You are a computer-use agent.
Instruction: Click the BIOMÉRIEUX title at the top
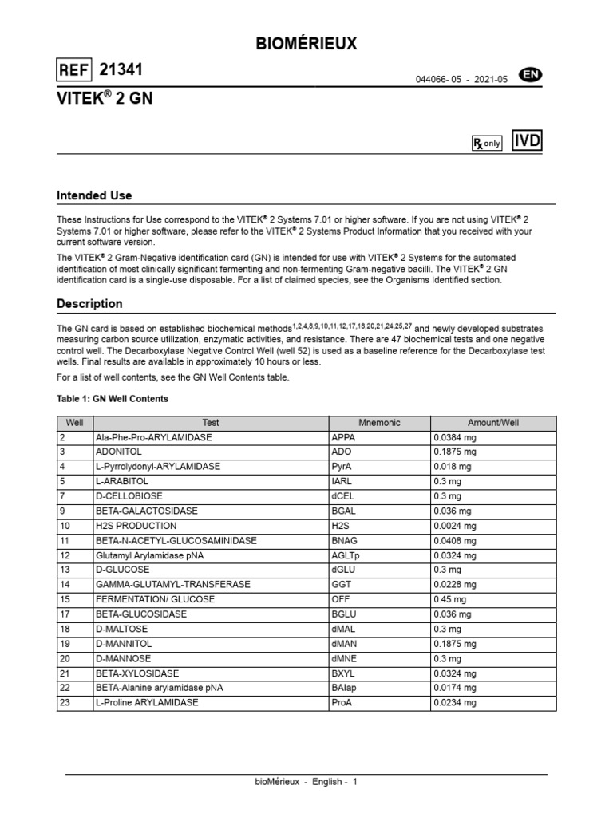(x=306, y=45)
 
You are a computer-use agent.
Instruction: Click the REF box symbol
(x=74, y=71)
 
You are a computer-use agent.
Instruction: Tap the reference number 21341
(x=121, y=70)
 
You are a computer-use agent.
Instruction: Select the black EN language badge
(x=531, y=75)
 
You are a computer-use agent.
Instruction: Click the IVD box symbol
(x=527, y=141)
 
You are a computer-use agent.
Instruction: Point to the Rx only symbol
(x=487, y=143)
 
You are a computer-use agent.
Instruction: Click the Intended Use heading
(x=94, y=195)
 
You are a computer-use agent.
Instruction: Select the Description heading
(x=89, y=304)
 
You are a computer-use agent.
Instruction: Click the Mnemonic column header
(x=379, y=423)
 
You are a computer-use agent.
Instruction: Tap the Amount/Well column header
(x=492, y=423)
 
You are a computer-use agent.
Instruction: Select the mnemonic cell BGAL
(x=344, y=511)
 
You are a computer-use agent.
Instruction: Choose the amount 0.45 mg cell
(x=452, y=599)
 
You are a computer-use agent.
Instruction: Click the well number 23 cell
(x=65, y=702)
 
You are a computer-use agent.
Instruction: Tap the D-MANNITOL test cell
(x=124, y=643)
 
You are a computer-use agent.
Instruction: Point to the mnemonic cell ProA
(x=342, y=702)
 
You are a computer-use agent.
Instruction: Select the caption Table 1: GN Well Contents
(x=113, y=399)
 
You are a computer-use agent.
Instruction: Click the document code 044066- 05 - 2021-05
(x=461, y=80)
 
